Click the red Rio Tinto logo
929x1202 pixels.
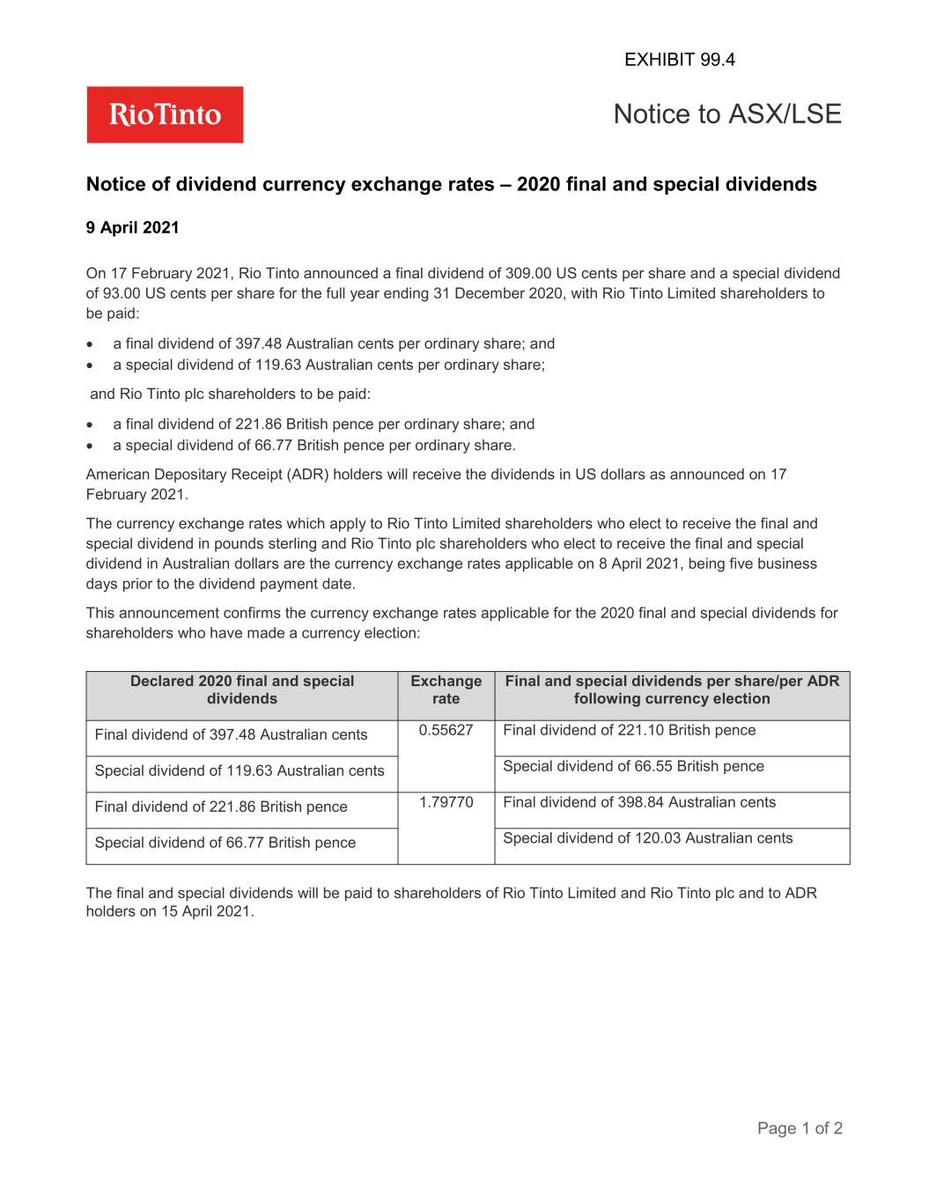pos(165,114)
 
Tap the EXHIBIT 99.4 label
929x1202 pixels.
pos(679,60)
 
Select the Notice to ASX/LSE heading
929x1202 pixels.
pos(726,114)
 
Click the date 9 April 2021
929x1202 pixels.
pos(132,228)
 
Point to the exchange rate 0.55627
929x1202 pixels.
pos(446,730)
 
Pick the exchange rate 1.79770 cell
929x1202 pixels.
pos(446,802)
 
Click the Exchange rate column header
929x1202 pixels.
pos(446,690)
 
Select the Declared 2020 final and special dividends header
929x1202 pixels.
pos(242,690)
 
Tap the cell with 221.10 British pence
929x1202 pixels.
pos(629,730)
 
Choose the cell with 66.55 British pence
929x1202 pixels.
pos(633,766)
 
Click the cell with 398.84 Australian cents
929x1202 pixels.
pos(639,802)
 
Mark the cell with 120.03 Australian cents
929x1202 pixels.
pos(647,838)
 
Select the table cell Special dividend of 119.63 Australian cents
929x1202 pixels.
pos(240,771)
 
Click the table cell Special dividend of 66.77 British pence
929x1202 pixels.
pos(225,843)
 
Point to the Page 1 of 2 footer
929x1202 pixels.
pos(800,1128)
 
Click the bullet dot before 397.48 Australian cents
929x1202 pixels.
pos(90,344)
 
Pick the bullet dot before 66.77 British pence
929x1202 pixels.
pos(90,446)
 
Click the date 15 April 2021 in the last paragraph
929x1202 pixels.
pos(207,912)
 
